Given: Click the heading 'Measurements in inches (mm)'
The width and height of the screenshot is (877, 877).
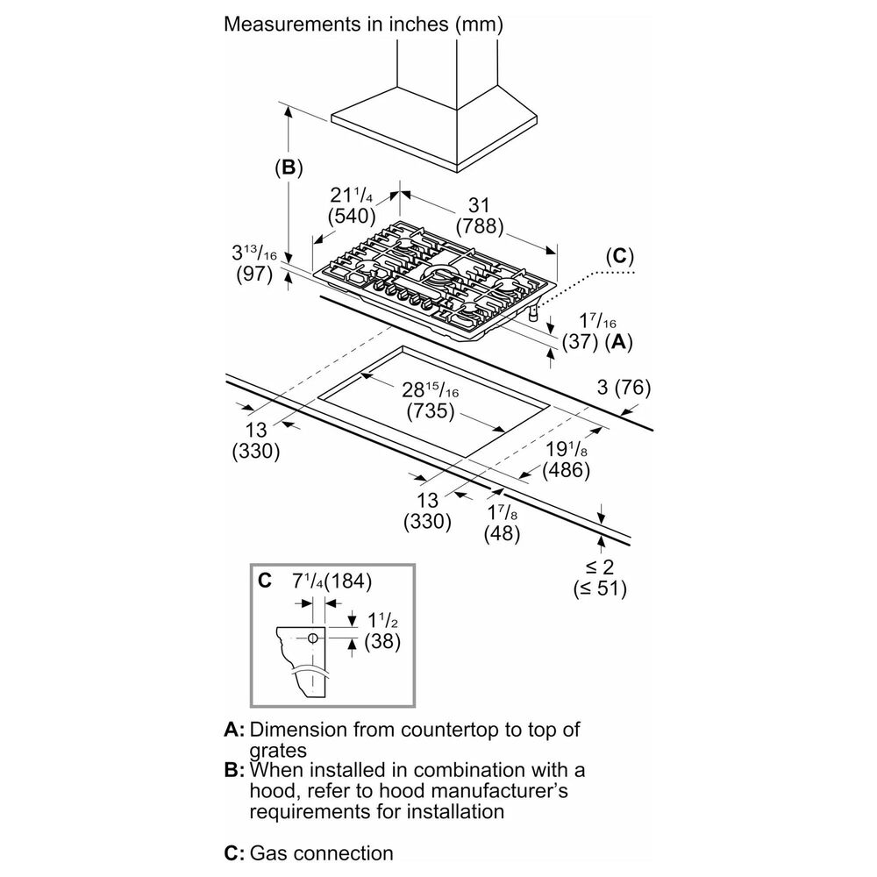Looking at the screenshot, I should pyautogui.click(x=363, y=24).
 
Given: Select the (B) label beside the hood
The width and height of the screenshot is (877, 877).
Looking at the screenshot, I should pyautogui.click(x=288, y=168).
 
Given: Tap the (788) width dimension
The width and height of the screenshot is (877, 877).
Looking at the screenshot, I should pyautogui.click(x=477, y=225).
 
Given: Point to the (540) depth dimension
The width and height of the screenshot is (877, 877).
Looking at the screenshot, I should pyautogui.click(x=351, y=215).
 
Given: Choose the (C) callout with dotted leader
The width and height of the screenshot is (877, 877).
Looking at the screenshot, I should pyautogui.click(x=619, y=256).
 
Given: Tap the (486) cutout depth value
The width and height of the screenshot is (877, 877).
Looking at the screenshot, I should pyautogui.click(x=566, y=469).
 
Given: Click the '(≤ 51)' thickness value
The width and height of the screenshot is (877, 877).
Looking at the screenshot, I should pyautogui.click(x=601, y=588).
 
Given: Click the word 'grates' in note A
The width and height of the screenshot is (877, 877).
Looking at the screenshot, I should pyautogui.click(x=279, y=750).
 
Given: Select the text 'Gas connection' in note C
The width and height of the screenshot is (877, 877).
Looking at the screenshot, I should pyautogui.click(x=321, y=852).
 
